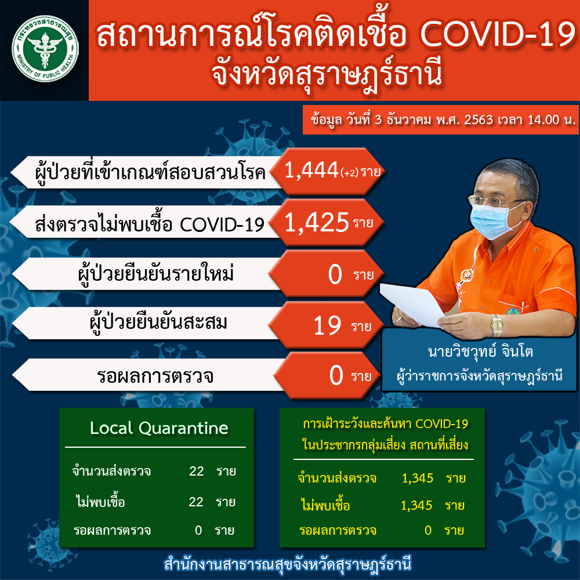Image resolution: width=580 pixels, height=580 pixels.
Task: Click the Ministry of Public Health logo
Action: (x=45, y=49)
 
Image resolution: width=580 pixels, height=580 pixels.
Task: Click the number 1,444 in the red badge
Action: (x=311, y=170)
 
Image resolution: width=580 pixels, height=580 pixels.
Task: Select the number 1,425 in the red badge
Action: (x=317, y=222)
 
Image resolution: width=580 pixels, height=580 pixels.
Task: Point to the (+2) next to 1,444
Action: (x=350, y=173)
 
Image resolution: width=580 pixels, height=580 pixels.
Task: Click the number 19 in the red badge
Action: (x=327, y=326)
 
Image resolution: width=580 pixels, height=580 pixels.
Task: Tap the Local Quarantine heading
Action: (x=159, y=428)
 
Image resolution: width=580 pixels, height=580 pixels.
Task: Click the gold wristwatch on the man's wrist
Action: (x=497, y=325)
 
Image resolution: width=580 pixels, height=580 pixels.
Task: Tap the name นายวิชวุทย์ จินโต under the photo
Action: (x=480, y=351)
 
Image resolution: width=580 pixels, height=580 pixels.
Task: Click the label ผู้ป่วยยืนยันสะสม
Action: (x=158, y=322)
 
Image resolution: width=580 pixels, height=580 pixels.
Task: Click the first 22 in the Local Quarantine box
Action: (x=197, y=471)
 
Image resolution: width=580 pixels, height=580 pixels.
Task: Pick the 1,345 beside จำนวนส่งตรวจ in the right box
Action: (x=418, y=478)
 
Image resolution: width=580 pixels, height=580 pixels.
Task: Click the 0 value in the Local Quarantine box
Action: (x=198, y=530)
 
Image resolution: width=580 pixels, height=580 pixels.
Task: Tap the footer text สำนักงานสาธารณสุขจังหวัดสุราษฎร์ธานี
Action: (x=288, y=565)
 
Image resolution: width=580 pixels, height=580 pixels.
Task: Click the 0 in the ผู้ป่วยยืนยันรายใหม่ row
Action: (x=335, y=274)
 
